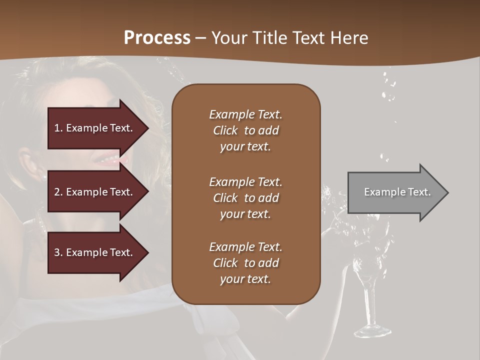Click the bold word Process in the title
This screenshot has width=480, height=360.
pos(157,38)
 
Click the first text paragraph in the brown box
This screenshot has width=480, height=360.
pos(245,130)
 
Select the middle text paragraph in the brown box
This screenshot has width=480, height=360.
pos(245,198)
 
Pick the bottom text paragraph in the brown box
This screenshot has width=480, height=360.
pos(245,263)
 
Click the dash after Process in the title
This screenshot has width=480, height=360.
pos(200,38)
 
